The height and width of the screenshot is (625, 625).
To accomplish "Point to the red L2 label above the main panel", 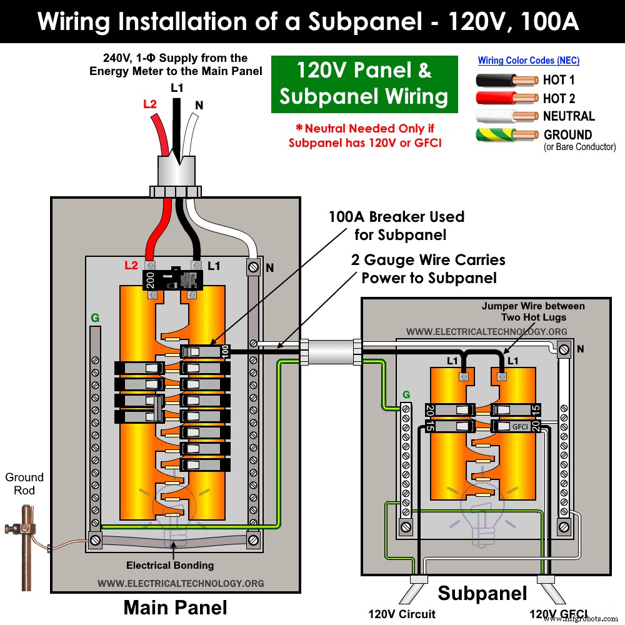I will tap(149, 104).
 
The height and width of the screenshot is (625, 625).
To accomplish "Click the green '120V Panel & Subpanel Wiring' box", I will tap(364, 84).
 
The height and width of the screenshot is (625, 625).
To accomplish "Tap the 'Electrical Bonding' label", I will tap(170, 565).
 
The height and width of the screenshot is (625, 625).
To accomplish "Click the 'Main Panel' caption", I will tap(175, 607).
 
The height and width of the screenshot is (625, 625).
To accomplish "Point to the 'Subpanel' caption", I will tap(482, 593).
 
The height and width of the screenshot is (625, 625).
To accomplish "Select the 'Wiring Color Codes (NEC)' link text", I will tap(529, 61).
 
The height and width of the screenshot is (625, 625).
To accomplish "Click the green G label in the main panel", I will tap(95, 318).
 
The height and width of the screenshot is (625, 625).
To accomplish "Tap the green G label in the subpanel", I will tap(406, 394).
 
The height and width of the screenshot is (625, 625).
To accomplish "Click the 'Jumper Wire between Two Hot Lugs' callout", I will tap(533, 311).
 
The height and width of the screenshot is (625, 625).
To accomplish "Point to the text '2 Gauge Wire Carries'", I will tap(428, 259).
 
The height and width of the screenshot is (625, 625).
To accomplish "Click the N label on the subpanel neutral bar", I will tap(581, 349).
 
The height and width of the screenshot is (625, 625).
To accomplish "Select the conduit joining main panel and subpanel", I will tap(329, 351).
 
